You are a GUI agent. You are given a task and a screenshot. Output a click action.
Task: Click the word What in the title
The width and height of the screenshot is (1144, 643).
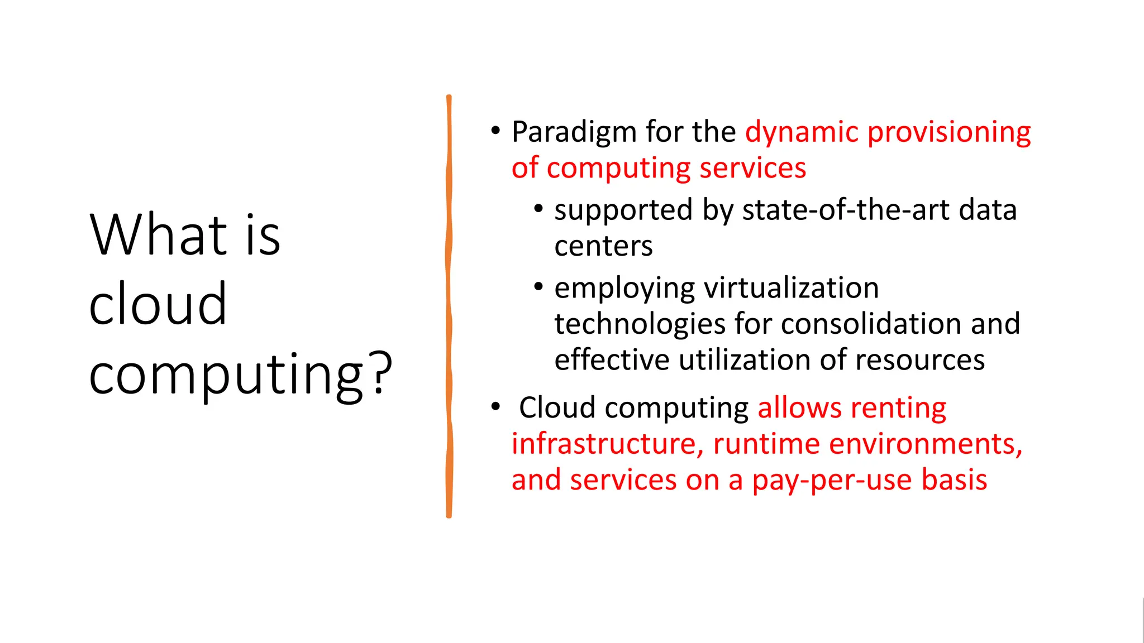coord(159,235)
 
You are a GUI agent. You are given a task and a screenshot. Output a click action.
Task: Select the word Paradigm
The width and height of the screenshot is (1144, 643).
coord(574,133)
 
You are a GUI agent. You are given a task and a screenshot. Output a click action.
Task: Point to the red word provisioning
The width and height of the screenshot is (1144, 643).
coord(949,133)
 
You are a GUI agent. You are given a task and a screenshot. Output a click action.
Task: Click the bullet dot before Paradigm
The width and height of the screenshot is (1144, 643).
coord(495,131)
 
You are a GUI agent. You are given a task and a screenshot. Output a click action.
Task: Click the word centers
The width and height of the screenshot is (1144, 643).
coord(603,246)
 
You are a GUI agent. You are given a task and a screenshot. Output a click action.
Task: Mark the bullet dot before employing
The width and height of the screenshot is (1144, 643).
coord(538,287)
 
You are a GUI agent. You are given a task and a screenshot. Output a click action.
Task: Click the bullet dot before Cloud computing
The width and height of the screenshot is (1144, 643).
coord(495,407)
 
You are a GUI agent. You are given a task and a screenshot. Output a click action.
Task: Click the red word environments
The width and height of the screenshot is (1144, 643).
coord(925,444)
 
